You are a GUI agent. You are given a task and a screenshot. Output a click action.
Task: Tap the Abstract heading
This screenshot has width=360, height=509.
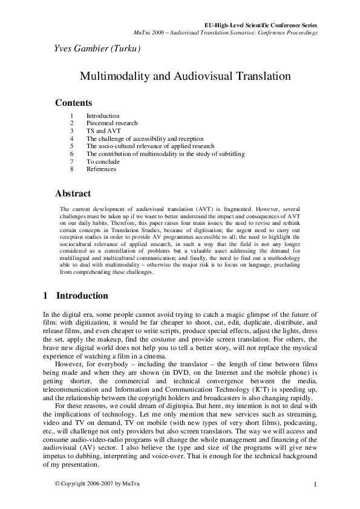[x=73, y=194]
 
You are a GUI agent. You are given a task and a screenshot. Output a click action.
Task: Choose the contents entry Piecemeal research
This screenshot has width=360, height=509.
[x=112, y=123]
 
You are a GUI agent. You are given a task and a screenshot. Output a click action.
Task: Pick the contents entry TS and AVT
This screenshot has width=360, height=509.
[x=101, y=131]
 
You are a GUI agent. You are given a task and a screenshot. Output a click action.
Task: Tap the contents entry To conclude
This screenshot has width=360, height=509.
[x=103, y=162]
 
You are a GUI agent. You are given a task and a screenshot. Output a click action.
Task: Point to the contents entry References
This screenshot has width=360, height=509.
[x=100, y=170]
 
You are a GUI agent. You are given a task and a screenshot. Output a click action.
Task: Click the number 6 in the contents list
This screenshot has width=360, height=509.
[x=71, y=154]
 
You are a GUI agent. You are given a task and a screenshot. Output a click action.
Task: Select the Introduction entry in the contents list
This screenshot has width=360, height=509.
[x=103, y=115]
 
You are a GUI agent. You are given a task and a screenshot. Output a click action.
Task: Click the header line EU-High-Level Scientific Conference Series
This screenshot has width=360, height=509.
[x=261, y=25]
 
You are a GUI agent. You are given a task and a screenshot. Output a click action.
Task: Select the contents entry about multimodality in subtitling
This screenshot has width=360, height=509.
[x=165, y=154]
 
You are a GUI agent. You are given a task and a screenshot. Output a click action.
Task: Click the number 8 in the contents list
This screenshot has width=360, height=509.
[x=71, y=170]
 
